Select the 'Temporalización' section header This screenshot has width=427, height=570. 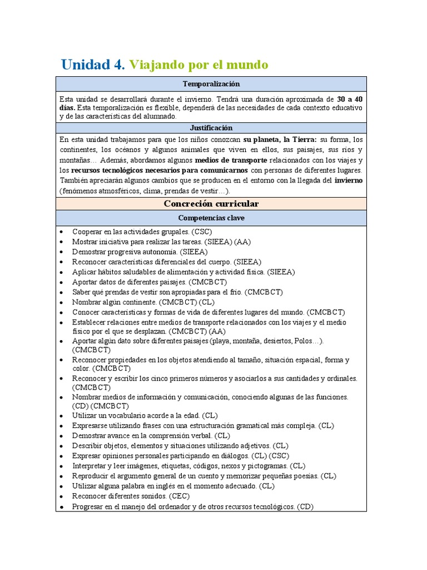point(211,83)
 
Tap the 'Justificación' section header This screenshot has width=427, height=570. point(211,127)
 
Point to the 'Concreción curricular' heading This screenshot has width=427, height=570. point(211,204)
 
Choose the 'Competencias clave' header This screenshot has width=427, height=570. point(211,218)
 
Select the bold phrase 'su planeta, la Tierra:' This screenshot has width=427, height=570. point(280,140)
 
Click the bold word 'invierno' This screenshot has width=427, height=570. point(349,180)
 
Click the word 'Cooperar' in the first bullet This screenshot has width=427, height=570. point(87,232)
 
